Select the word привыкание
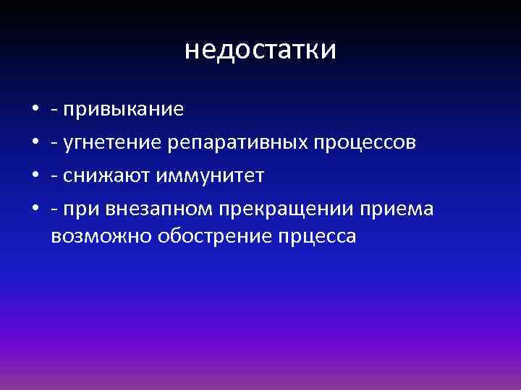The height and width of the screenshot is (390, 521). (124, 110)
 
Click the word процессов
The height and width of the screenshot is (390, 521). (365, 143)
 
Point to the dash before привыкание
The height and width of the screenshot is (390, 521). (55, 110)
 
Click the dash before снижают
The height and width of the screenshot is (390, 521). (55, 176)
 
